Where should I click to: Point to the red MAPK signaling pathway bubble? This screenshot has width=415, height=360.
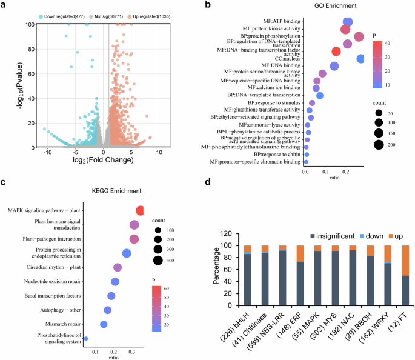click(141, 210)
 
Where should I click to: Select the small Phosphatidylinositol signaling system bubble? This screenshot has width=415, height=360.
click(85, 339)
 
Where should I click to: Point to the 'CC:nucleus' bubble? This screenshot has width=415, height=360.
click(360, 59)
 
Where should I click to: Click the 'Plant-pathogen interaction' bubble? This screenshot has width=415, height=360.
click(134, 239)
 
